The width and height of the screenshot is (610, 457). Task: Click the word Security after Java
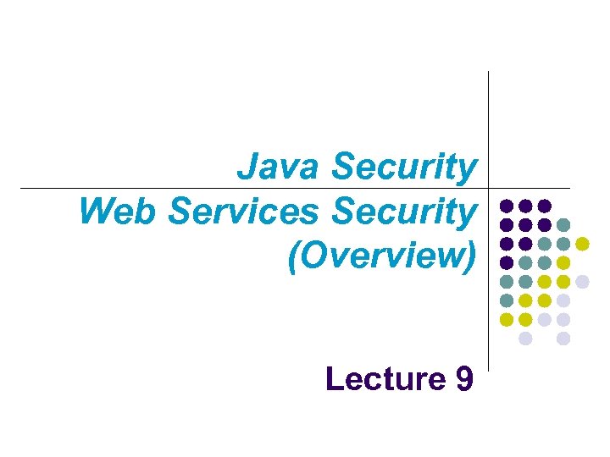404,167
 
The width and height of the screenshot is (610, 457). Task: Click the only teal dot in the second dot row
563,224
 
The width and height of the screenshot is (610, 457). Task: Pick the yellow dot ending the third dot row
582,244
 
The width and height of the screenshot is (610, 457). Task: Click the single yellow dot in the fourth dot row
563,262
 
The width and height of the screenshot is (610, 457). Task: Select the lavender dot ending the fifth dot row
582,282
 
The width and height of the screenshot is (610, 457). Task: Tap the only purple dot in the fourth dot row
506,262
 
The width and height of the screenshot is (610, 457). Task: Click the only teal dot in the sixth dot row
506,300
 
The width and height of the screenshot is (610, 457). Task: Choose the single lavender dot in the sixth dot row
563,300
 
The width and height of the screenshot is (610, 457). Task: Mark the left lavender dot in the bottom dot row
525,339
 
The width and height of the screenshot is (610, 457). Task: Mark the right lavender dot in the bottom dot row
563,339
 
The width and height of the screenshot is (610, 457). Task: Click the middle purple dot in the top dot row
525,206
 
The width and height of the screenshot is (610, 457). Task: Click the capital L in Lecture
334,378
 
